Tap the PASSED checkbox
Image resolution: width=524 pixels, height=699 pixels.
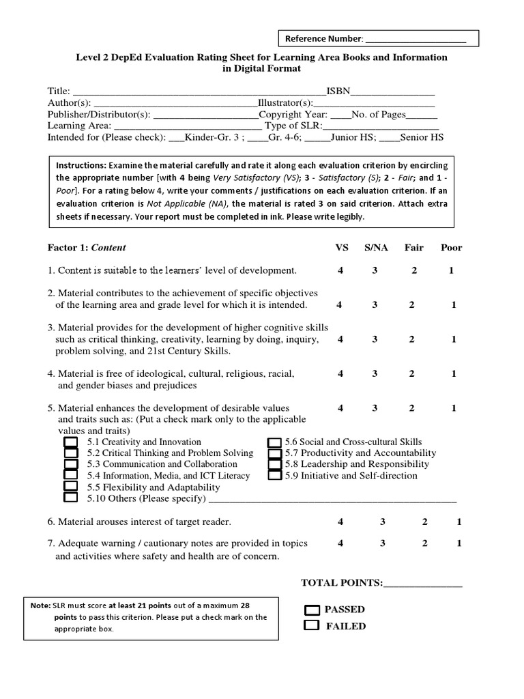pyautogui.click(x=312, y=610)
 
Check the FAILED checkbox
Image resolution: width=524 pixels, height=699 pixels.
pyautogui.click(x=312, y=625)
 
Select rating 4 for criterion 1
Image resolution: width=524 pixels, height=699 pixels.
pyautogui.click(x=340, y=270)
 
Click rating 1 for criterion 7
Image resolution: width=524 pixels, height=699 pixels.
pyautogui.click(x=459, y=543)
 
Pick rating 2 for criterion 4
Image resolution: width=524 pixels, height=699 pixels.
pyautogui.click(x=412, y=374)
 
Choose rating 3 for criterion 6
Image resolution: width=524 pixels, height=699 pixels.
pyautogui.click(x=383, y=522)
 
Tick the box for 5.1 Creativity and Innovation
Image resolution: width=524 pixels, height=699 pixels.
pyautogui.click(x=70, y=442)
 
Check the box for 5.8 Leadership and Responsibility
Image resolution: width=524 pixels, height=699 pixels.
pyautogui.click(x=274, y=464)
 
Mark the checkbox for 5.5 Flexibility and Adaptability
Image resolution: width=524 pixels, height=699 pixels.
pyautogui.click(x=70, y=487)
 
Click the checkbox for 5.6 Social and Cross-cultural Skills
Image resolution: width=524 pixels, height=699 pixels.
pyautogui.click(x=274, y=442)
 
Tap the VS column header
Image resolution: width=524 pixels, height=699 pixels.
pyautogui.click(x=341, y=248)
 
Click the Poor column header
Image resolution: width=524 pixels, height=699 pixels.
pyautogui.click(x=451, y=248)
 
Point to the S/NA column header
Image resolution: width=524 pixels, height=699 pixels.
pyautogui.click(x=376, y=248)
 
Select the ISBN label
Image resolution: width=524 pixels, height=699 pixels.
pyautogui.click(x=338, y=91)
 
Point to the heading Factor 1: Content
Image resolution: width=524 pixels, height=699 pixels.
pyautogui.click(x=87, y=248)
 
